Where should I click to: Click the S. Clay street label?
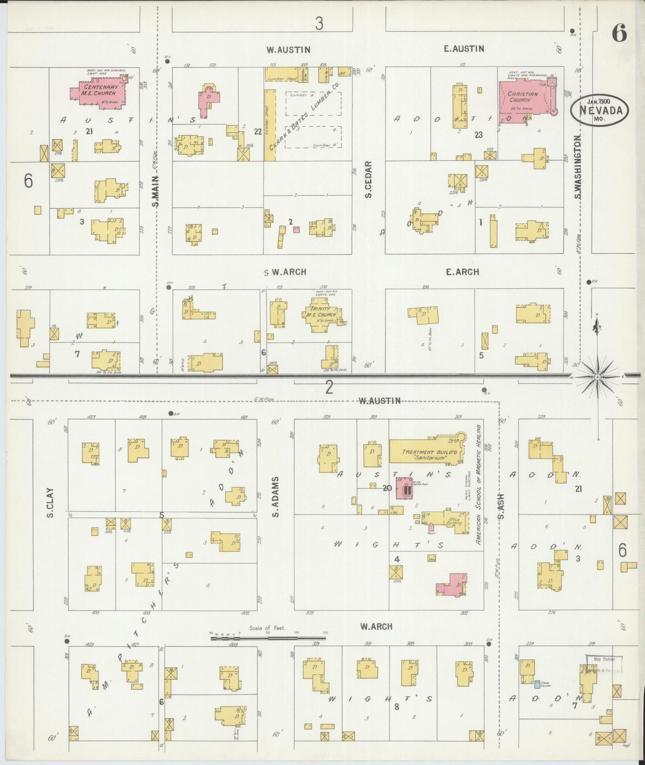(x=50, y=503)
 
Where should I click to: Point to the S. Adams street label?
(x=276, y=497)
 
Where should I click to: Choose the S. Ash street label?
(x=501, y=506)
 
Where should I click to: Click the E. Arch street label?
(x=462, y=272)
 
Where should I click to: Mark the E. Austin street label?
(x=464, y=49)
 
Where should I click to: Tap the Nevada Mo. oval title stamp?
(x=599, y=109)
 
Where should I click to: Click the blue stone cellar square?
(x=537, y=683)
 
